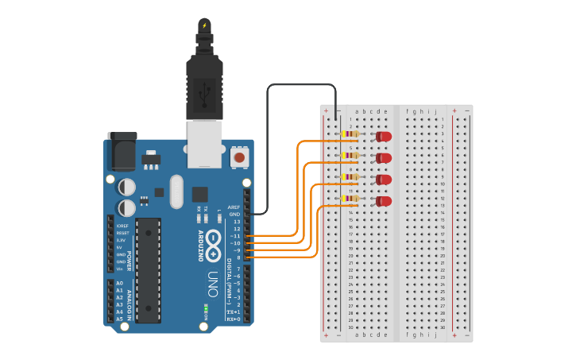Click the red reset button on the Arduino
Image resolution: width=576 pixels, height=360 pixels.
click(238, 158)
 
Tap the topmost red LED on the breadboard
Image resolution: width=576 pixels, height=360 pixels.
click(384, 137)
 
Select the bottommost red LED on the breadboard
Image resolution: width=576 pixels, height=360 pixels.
click(384, 201)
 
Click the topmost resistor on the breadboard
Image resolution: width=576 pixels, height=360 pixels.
click(350, 134)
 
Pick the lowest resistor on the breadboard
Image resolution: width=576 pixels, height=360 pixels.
click(350, 199)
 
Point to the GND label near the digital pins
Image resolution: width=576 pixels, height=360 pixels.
click(234, 215)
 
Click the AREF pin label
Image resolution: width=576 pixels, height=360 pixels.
click(234, 207)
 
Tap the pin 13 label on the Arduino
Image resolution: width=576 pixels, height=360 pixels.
click(236, 222)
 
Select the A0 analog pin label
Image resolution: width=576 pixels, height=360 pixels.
click(120, 283)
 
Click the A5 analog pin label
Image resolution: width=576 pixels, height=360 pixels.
click(120, 319)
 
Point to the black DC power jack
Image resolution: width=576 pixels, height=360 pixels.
click(121, 153)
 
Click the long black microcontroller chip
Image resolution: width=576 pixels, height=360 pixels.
click(148, 270)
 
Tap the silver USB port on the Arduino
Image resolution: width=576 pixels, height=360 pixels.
click(204, 143)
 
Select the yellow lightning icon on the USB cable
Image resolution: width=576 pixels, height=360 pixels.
click(204, 25)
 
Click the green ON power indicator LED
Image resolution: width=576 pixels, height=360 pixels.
click(205, 307)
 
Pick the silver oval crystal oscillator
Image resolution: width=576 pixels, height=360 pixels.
click(176, 192)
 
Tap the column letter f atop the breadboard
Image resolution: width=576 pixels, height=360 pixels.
click(408, 112)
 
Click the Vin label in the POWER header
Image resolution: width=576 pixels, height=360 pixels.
click(120, 269)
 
